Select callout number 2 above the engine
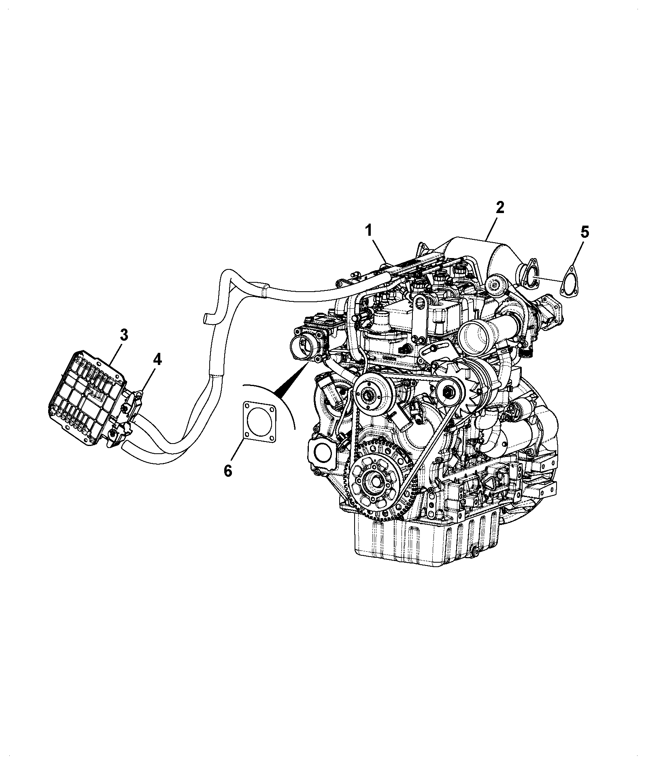(500, 207)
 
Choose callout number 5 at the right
(585, 232)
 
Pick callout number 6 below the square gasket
(228, 470)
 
